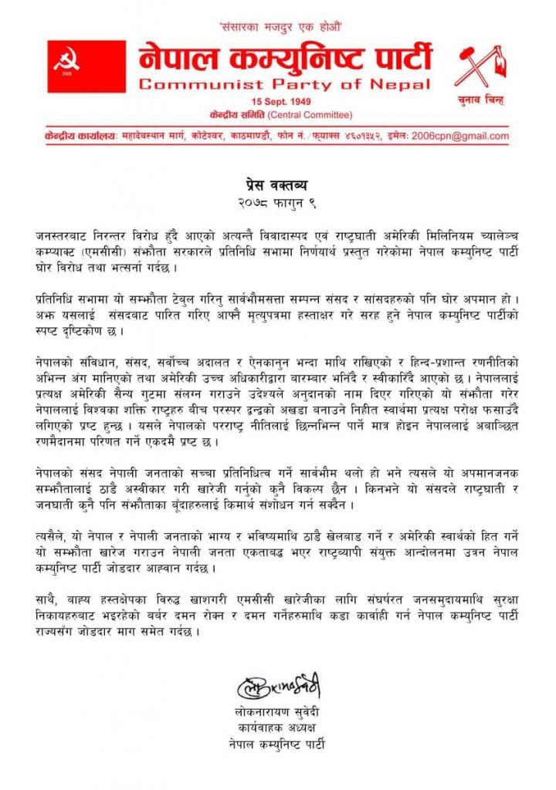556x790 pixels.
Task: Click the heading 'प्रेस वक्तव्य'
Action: [278, 187]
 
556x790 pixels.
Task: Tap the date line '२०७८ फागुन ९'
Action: [278, 202]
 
